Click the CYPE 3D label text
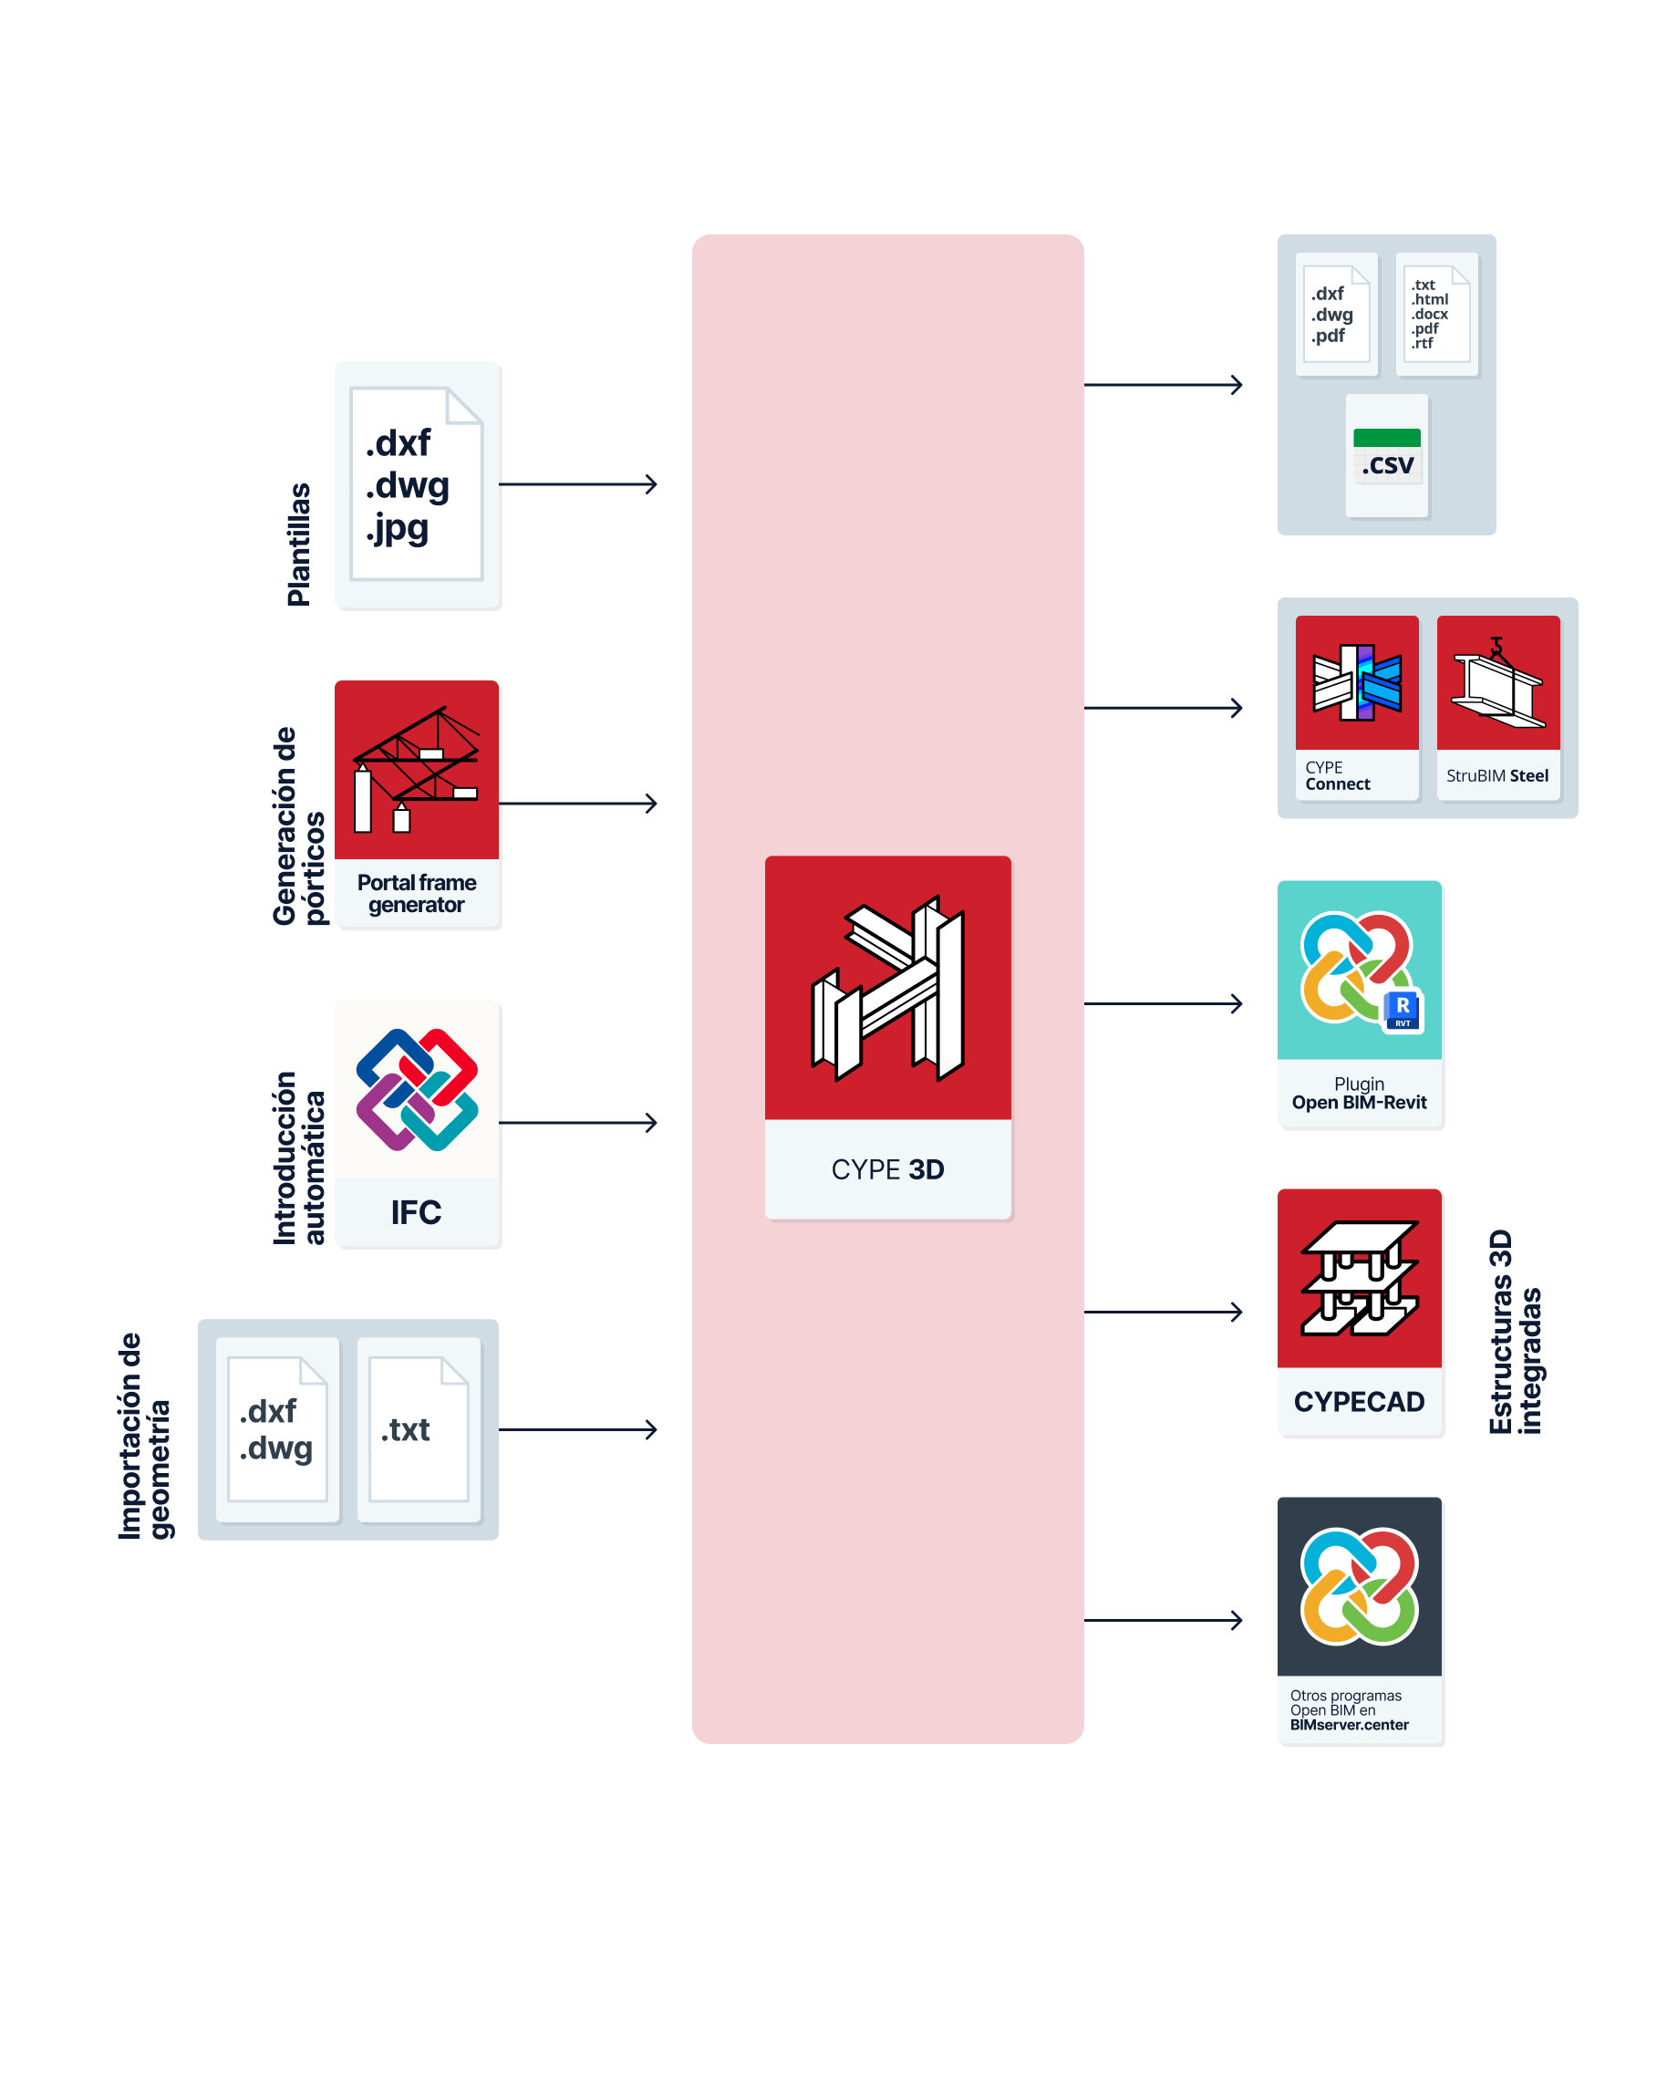pyautogui.click(x=886, y=1169)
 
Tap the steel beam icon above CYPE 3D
pyautogui.click(x=886, y=987)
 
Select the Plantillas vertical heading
pyautogui.click(x=298, y=544)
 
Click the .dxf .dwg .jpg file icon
pyautogui.click(x=416, y=483)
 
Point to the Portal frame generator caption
pyautogui.click(x=416, y=893)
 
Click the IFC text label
pyautogui.click(x=416, y=1212)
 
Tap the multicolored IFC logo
pyautogui.click(x=416, y=1089)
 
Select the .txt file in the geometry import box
pyautogui.click(x=418, y=1429)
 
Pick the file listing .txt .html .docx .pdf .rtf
pyautogui.click(x=1435, y=314)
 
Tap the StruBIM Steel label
pyautogui.click(x=1496, y=776)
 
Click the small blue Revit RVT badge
pyautogui.click(x=1403, y=1009)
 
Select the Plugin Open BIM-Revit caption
pyautogui.click(x=1358, y=1093)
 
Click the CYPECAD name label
pyautogui.click(x=1358, y=1402)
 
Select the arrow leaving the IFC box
pyautogui.click(x=577, y=1123)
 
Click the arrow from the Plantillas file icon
pyautogui.click(x=577, y=484)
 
